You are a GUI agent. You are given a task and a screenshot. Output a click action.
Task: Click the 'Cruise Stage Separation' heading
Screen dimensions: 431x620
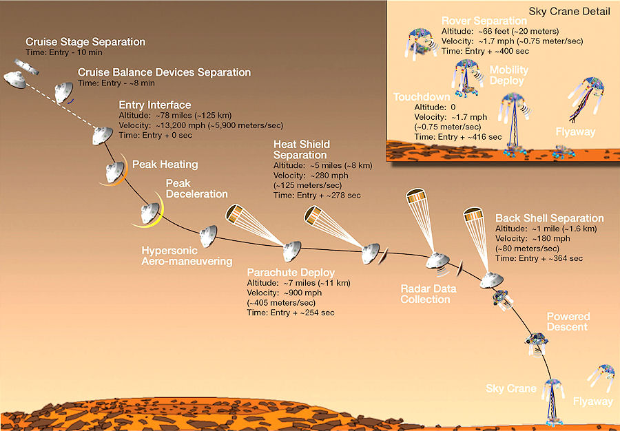[x=85, y=42]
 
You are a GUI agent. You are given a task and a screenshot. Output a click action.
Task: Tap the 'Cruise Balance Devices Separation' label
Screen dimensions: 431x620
[x=164, y=72]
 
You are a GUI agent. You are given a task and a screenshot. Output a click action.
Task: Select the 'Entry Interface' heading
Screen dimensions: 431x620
[x=155, y=105]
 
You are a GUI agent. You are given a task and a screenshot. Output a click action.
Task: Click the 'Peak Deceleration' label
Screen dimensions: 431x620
[x=196, y=189]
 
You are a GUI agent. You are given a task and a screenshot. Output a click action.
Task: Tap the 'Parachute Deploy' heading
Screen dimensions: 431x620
[x=291, y=273]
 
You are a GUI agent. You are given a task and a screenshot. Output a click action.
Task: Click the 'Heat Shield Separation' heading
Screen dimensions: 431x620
[x=302, y=149]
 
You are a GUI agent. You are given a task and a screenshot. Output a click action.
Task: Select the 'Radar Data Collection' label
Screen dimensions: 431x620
[x=425, y=294]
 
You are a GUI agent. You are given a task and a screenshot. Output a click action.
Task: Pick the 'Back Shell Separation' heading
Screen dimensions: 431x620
[x=549, y=218]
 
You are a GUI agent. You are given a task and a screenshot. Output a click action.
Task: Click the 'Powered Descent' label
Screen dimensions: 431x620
[x=568, y=322]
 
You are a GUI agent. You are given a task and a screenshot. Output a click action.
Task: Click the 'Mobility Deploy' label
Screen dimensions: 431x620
[x=508, y=75]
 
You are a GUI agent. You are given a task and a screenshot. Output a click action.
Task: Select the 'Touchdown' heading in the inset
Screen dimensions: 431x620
[x=421, y=97]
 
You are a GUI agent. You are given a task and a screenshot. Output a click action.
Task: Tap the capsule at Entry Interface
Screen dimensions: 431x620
[x=103, y=136]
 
